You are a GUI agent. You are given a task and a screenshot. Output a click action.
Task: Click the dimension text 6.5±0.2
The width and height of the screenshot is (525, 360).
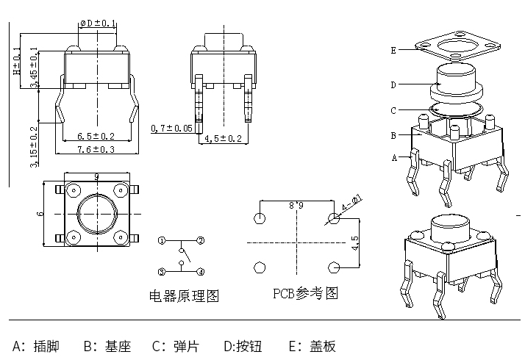tap(96, 136)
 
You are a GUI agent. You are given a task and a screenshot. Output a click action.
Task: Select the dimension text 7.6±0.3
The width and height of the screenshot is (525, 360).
tap(96, 150)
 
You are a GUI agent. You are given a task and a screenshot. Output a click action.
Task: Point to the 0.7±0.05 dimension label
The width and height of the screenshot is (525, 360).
tap(171, 129)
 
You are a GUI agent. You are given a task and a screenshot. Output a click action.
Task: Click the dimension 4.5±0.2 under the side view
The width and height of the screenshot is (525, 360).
tap(223, 138)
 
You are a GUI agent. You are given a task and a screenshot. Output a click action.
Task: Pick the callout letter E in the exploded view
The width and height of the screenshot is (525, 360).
tap(394, 50)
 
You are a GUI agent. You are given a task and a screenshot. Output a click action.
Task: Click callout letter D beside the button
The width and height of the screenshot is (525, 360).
tap(393, 84)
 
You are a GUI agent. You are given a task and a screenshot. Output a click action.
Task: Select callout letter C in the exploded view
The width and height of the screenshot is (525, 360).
tap(393, 111)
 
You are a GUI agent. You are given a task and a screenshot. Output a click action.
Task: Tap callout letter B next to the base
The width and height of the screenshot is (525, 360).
tap(393, 135)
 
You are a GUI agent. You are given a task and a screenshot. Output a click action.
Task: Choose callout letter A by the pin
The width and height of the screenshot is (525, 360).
tap(394, 157)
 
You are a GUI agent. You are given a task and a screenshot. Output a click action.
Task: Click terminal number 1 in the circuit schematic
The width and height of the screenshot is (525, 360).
tap(162, 240)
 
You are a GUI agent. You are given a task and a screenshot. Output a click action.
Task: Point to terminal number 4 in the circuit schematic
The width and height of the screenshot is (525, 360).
tap(200, 272)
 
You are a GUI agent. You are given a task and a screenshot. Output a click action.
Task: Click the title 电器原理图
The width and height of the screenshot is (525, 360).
tap(184, 296)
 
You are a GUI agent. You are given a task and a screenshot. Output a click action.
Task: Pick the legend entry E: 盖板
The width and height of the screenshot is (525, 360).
tap(312, 345)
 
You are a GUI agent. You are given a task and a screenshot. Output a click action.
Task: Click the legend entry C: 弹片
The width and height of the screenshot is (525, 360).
tap(175, 345)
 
